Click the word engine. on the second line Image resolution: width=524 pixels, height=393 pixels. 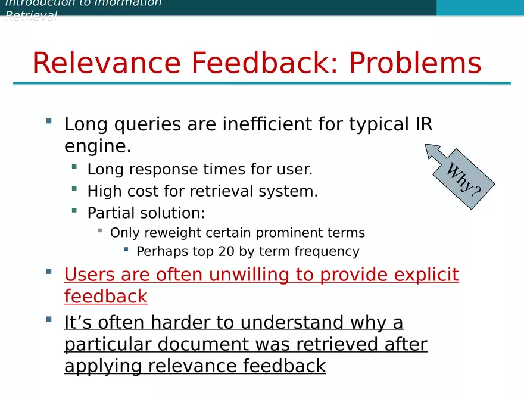point(97,146)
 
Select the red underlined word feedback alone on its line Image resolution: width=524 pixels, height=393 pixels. point(105,297)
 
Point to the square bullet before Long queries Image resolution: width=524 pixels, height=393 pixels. point(48,121)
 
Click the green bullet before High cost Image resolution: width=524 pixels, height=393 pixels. point(74,189)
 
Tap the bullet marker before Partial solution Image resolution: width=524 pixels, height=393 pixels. point(74,210)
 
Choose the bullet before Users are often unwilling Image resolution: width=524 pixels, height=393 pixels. point(48,272)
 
